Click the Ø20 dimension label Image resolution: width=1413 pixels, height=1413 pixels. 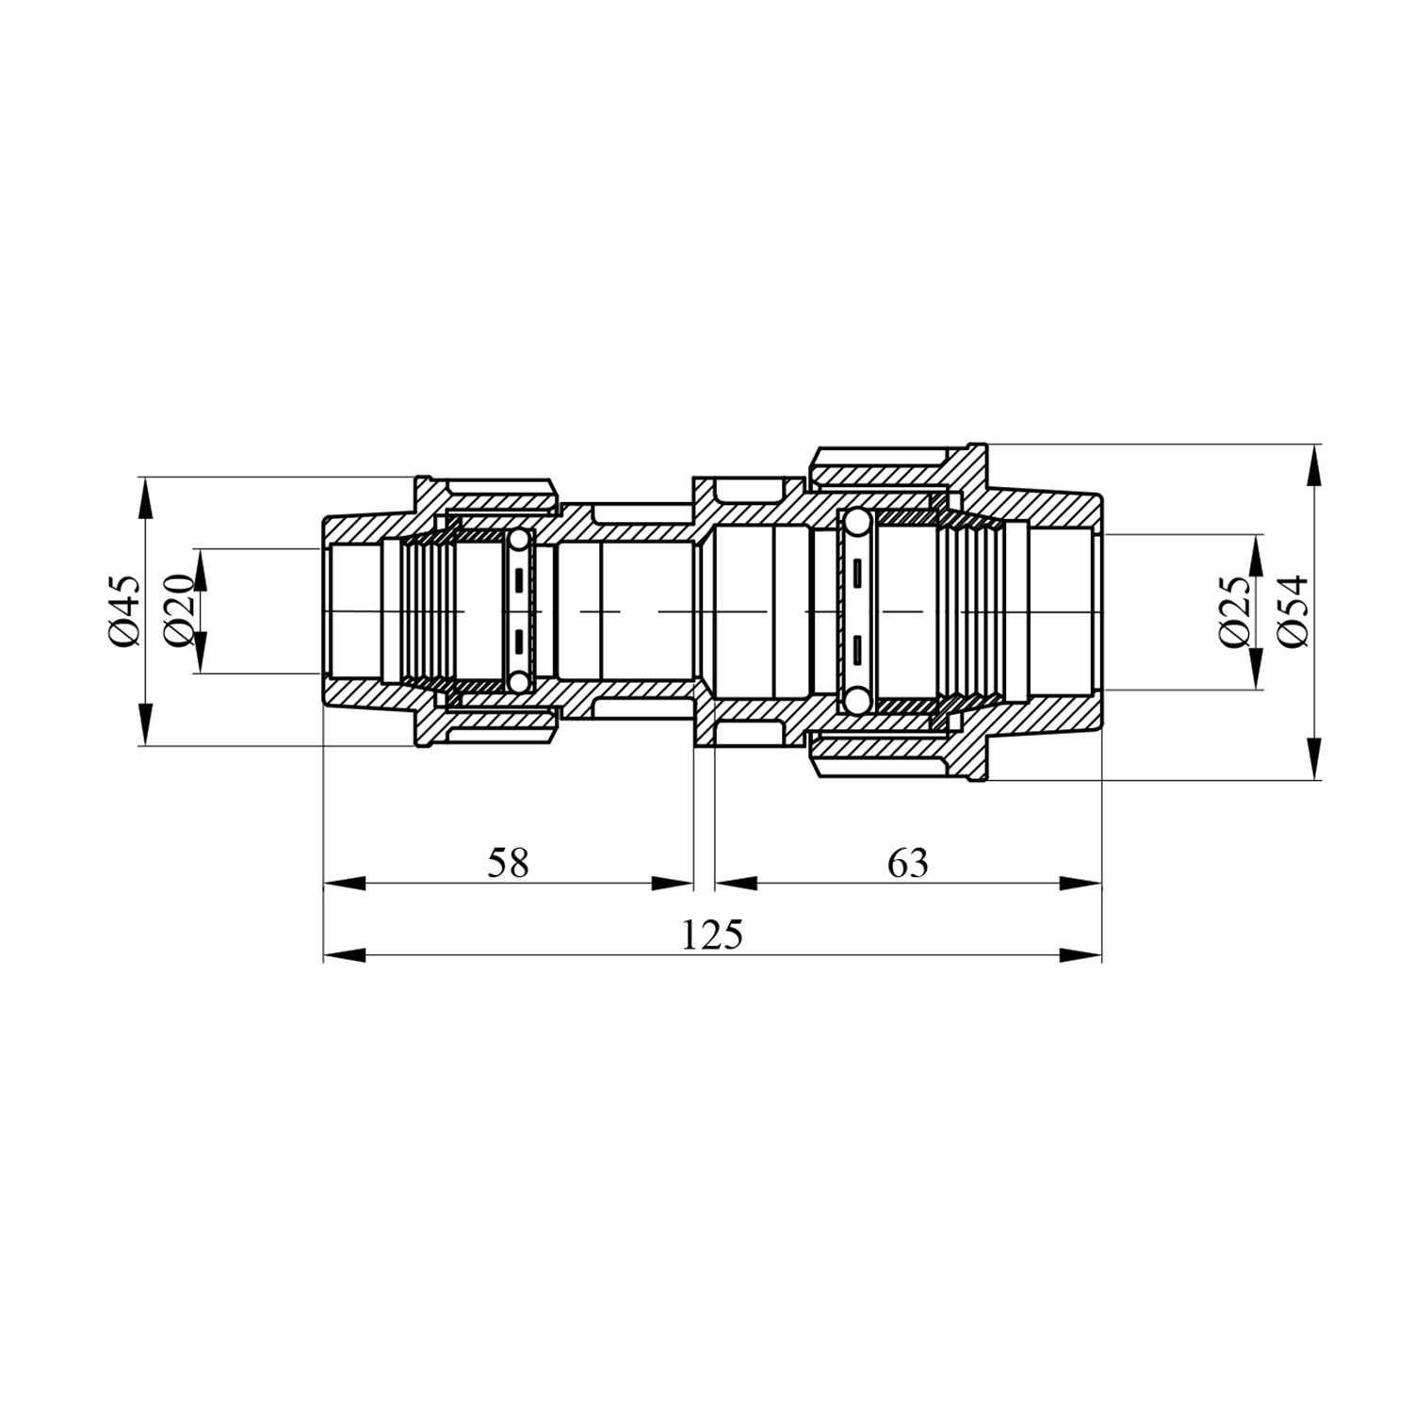180,611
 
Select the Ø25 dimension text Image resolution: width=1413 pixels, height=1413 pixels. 1235,611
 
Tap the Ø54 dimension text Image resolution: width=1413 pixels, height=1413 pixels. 1293,611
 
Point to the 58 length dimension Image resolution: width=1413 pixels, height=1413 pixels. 508,863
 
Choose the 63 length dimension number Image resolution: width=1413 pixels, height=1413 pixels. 907,863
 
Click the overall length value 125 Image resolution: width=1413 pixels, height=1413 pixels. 712,934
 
